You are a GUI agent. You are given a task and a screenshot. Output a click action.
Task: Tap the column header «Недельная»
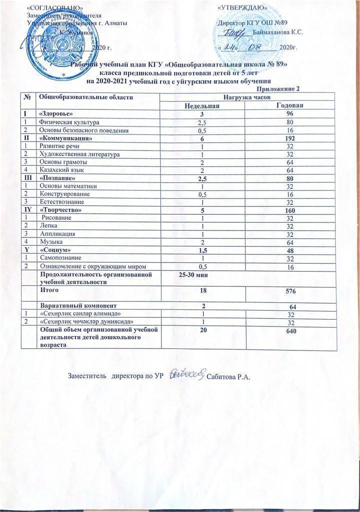[x=202, y=105]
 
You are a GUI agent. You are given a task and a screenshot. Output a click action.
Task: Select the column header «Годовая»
[x=290, y=105]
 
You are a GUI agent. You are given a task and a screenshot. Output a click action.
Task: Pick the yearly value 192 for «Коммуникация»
[x=290, y=137]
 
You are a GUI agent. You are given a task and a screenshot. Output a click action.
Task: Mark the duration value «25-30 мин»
[x=193, y=274]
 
